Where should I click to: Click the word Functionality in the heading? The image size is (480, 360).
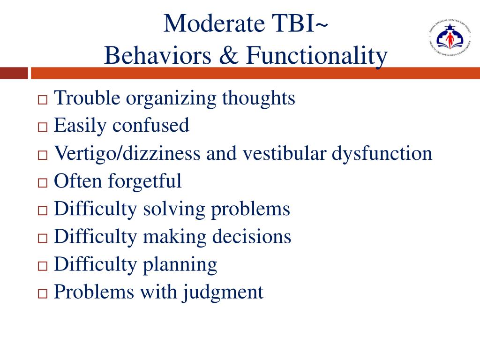tap(317, 56)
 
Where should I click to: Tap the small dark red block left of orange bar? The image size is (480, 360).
tap(14, 74)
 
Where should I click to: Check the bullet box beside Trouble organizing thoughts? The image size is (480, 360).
tap(43, 100)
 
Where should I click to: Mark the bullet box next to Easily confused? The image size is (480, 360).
tap(43, 127)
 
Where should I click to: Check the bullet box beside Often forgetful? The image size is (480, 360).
tap(43, 183)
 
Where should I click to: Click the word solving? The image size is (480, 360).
tap(174, 209)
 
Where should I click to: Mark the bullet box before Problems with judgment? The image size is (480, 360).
tap(43, 294)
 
